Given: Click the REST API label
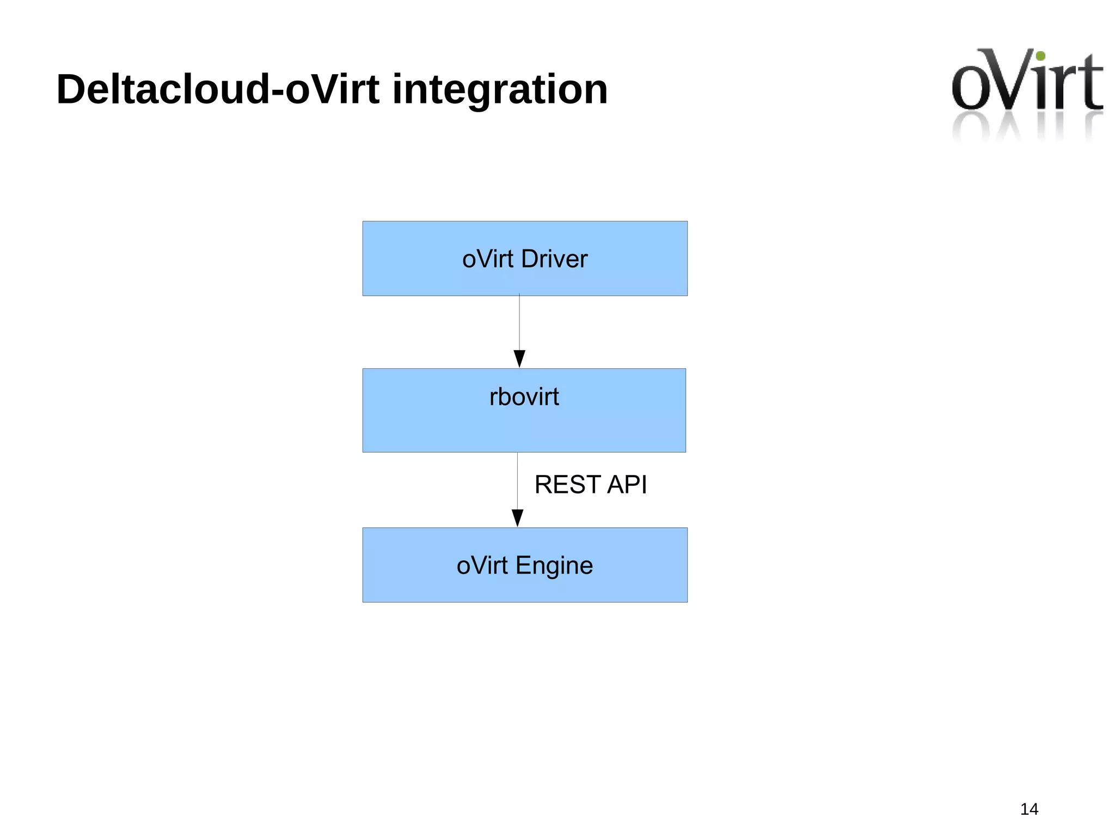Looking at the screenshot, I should (591, 485).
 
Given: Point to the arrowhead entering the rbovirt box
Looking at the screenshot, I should (519, 359).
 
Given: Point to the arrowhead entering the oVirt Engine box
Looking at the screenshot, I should (518, 518).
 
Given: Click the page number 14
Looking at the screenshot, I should (1029, 809).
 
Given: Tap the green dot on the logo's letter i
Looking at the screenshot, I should (1040, 56).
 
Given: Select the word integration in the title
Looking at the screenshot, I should (499, 89).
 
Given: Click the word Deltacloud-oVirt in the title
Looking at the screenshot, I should (218, 89).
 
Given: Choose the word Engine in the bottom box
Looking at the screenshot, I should (554, 565).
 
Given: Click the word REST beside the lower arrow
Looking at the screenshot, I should (568, 485).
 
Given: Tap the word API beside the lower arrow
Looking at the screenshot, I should (627, 485).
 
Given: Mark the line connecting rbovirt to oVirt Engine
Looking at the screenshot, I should (518, 479).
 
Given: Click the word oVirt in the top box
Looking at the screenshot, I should (488, 259).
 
